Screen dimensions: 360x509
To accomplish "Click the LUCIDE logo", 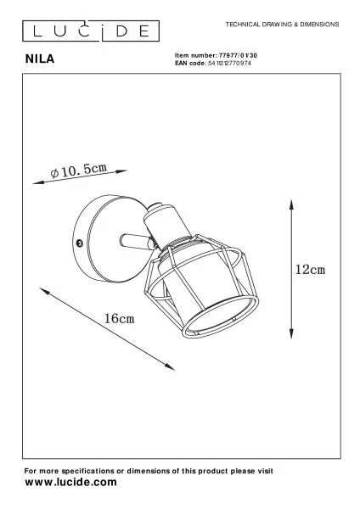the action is click(x=91, y=31).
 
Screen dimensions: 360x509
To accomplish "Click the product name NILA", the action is click(x=40, y=59).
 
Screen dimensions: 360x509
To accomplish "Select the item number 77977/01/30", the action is click(x=238, y=55).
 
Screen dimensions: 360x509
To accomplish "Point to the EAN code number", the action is click(x=229, y=64).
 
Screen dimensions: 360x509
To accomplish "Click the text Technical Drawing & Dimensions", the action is click(x=283, y=25).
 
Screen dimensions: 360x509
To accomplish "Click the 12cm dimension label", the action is click(x=310, y=270).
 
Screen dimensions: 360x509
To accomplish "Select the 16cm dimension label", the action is click(x=119, y=318).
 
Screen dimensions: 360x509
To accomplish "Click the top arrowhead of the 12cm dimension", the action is click(x=291, y=204).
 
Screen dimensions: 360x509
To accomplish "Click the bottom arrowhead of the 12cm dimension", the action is click(x=291, y=334).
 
